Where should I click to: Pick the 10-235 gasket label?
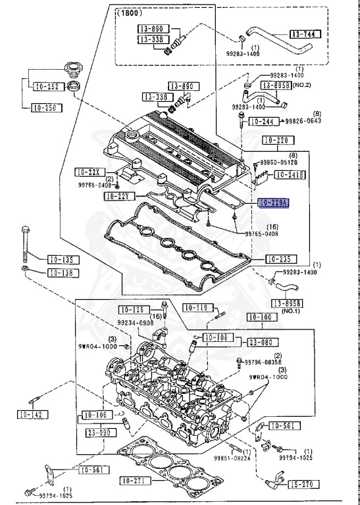pyautogui.click(x=277, y=259)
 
